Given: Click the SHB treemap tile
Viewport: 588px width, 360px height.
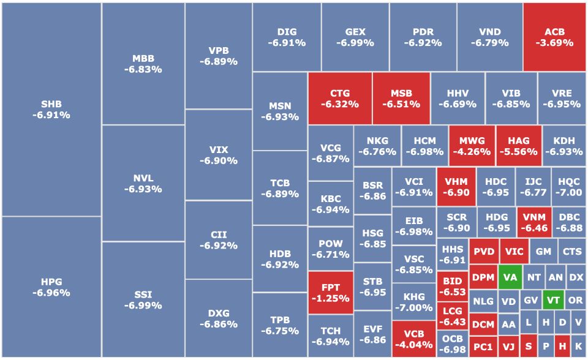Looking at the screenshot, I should [x=51, y=109].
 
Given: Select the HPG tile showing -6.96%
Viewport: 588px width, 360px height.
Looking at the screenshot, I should [x=51, y=287].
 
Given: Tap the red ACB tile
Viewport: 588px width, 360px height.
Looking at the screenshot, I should [x=554, y=37].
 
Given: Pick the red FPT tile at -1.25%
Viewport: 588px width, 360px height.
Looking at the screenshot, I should [x=331, y=293].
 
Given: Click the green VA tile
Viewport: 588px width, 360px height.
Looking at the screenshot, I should [x=510, y=277].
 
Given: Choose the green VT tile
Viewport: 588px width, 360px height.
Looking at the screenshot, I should [x=553, y=301].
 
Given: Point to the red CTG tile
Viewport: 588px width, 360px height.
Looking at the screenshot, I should [x=339, y=99].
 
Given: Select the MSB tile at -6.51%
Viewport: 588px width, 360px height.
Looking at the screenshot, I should [x=401, y=99].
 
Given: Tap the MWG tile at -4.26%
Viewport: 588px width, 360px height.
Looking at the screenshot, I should [x=471, y=146].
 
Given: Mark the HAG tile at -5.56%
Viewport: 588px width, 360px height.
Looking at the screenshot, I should [x=518, y=146].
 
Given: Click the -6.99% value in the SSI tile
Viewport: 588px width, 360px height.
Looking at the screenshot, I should [x=143, y=305].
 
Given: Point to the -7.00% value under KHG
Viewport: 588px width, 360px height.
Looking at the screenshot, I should [x=413, y=307].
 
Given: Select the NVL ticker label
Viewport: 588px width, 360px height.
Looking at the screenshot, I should [x=143, y=178].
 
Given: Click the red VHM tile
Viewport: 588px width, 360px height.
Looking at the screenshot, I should [x=456, y=187].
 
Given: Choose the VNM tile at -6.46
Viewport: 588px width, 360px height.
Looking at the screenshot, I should [x=533, y=222].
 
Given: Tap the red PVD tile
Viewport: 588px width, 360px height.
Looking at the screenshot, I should [x=483, y=252].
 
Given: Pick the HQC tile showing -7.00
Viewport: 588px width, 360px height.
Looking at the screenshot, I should [x=569, y=187].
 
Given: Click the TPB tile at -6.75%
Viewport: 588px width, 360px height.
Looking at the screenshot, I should [x=279, y=325].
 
